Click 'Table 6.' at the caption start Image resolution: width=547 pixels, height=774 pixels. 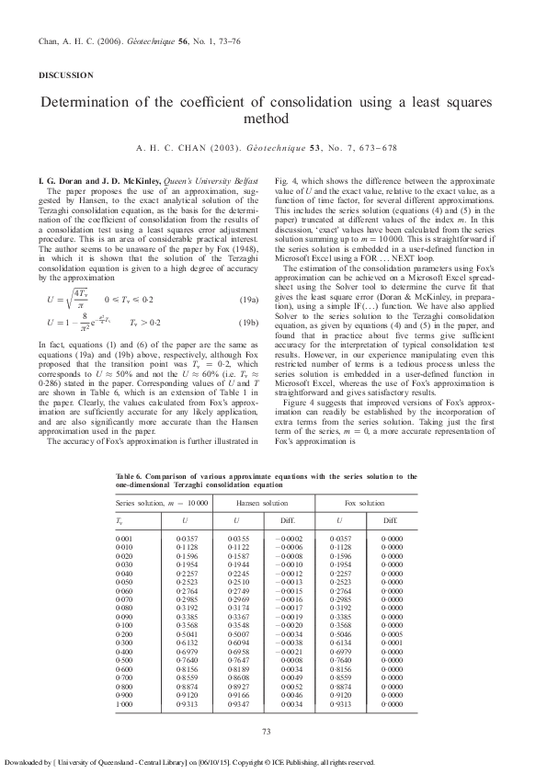[130, 475]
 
